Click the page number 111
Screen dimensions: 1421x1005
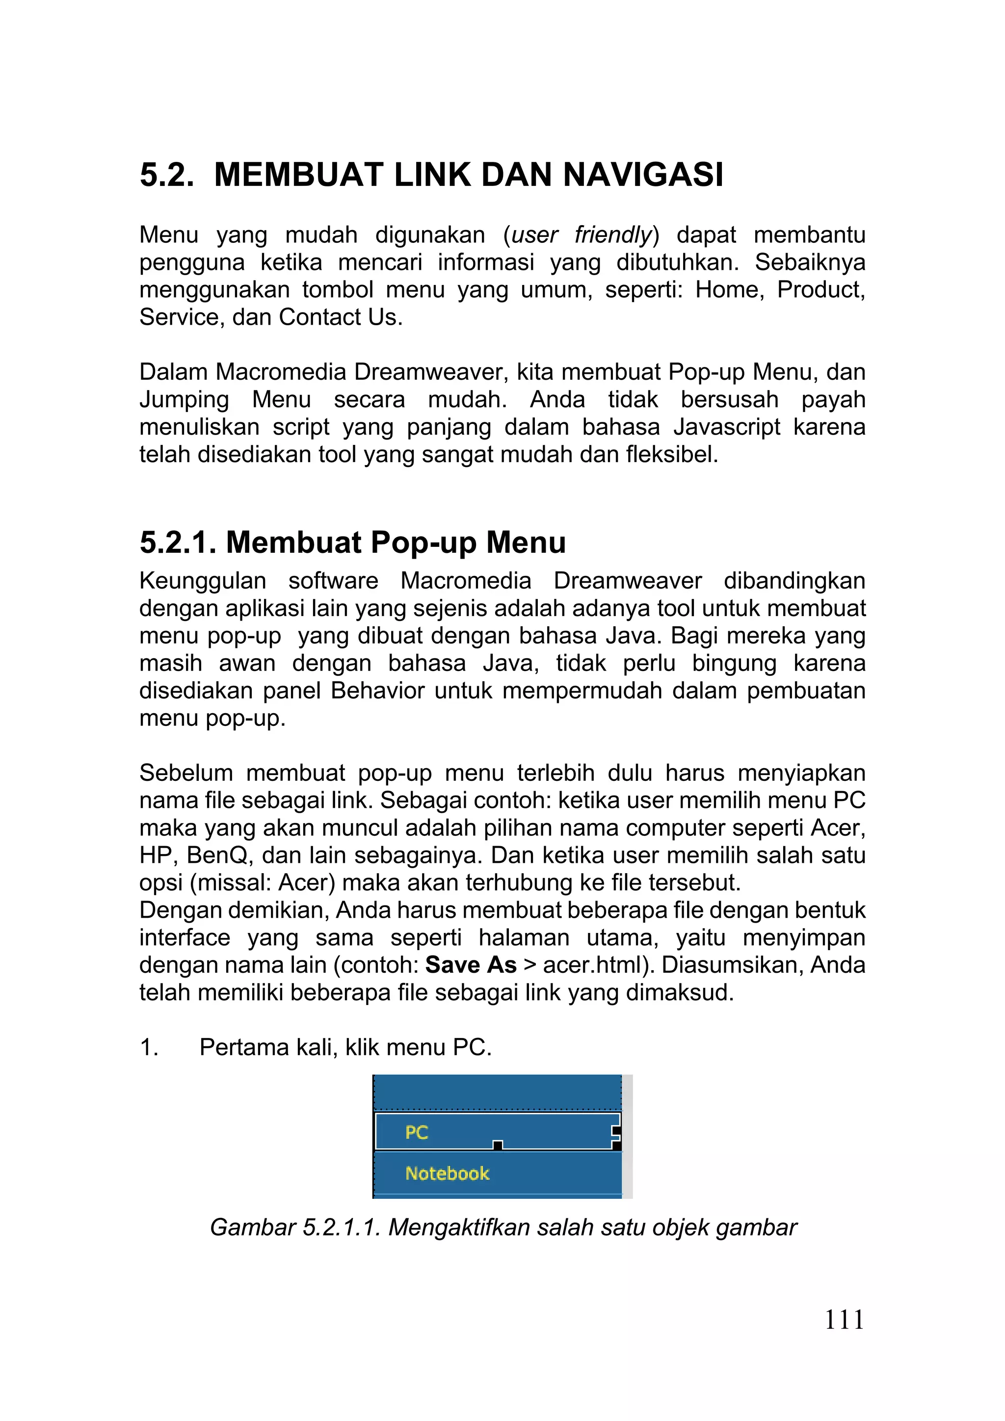pos(844,1320)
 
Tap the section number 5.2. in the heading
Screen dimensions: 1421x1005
pos(166,175)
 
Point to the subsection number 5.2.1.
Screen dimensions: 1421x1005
pos(177,542)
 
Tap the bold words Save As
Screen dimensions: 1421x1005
pos(471,965)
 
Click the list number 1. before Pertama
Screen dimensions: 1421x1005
pos(149,1047)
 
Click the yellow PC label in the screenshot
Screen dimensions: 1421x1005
pos(417,1133)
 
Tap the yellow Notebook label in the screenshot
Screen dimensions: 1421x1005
pos(447,1173)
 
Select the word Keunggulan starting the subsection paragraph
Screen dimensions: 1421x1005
pos(203,581)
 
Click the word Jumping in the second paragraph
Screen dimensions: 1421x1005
pos(184,400)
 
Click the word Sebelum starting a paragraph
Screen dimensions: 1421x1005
pos(186,774)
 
